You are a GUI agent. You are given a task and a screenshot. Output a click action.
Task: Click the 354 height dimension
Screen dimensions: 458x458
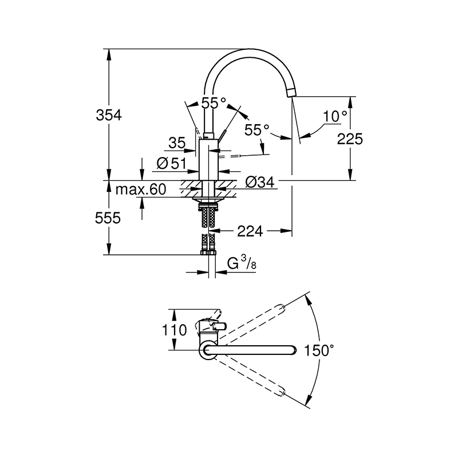click(109, 116)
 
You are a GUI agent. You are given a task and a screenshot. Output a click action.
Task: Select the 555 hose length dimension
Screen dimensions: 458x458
click(108, 218)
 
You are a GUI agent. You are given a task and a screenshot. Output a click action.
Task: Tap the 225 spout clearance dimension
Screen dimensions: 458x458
click(350, 139)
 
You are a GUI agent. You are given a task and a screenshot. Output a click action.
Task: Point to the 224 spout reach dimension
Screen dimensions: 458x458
click(250, 231)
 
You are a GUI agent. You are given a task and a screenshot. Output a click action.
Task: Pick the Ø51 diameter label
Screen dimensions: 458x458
click(171, 164)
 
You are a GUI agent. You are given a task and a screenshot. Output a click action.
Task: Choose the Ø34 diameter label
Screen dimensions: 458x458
click(260, 183)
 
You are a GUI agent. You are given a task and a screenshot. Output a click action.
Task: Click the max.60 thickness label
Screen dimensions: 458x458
click(141, 189)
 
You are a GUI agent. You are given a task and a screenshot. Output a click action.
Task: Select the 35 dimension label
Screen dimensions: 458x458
click(177, 143)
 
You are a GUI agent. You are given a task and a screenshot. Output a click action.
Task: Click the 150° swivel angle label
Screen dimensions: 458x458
click(319, 350)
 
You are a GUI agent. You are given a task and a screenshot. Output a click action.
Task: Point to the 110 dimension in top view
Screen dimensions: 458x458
click(175, 330)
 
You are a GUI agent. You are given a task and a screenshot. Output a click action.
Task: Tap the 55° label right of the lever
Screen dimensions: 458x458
click(257, 130)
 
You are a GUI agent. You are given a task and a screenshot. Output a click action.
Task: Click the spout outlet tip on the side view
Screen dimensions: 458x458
click(291, 93)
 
